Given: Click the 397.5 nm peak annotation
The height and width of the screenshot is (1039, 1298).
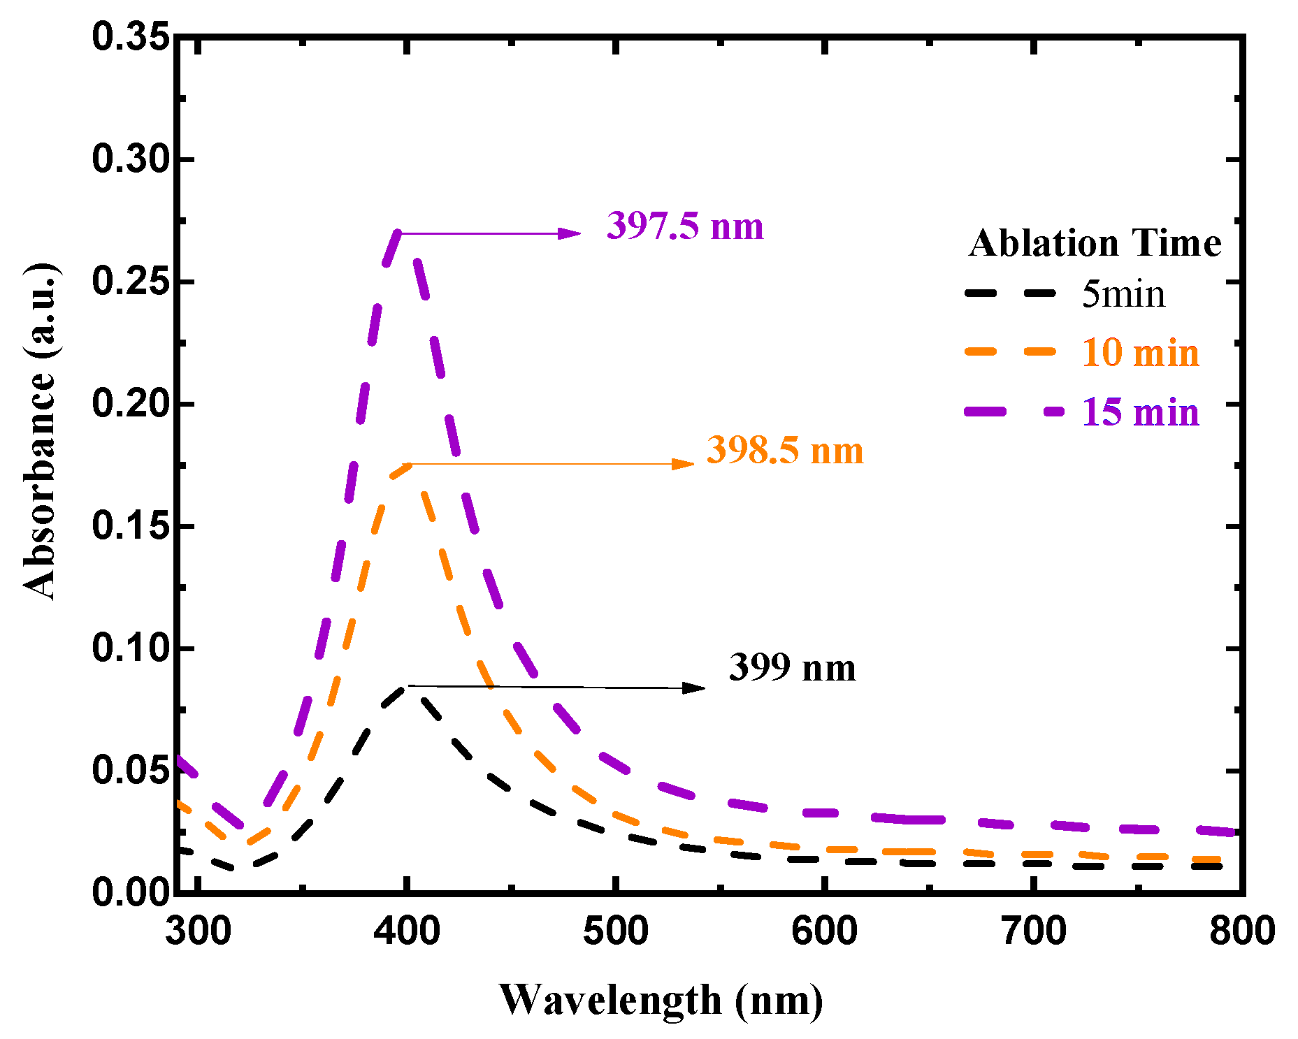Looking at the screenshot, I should [685, 226].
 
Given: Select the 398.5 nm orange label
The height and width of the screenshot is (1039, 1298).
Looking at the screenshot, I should [785, 450].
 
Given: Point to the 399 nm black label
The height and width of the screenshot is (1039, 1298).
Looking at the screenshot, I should [792, 668].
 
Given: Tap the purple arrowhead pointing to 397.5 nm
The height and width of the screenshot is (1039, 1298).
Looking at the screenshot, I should [570, 233].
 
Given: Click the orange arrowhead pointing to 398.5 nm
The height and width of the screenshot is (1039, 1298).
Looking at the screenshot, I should [683, 464].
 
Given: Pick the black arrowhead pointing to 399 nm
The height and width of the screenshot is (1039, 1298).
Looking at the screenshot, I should [693, 688].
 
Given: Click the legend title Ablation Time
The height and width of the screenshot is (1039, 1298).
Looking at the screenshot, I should [1095, 244].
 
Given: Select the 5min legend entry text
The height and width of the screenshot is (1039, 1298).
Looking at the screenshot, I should [1123, 294].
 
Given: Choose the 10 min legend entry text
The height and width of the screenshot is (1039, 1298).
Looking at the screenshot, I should [1140, 353].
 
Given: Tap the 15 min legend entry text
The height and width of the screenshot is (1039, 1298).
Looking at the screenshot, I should [1140, 412].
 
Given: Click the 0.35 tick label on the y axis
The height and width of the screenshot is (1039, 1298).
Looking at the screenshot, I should [131, 36].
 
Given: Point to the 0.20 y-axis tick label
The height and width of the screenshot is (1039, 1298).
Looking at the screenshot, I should [131, 404].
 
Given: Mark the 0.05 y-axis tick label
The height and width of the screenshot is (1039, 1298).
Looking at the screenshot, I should [131, 771].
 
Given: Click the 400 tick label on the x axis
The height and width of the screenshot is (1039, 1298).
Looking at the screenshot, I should [407, 931].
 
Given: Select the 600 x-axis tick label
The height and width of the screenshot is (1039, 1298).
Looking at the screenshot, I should [825, 931].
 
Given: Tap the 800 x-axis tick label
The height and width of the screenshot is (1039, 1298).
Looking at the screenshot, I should [1241, 931].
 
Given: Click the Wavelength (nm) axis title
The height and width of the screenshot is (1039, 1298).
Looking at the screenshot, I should [661, 1001].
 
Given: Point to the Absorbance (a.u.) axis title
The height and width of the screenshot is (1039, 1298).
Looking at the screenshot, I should [40, 432].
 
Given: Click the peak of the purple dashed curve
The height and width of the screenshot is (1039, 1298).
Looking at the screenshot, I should [398, 233].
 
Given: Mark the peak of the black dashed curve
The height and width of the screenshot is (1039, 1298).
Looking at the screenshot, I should [404, 688].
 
